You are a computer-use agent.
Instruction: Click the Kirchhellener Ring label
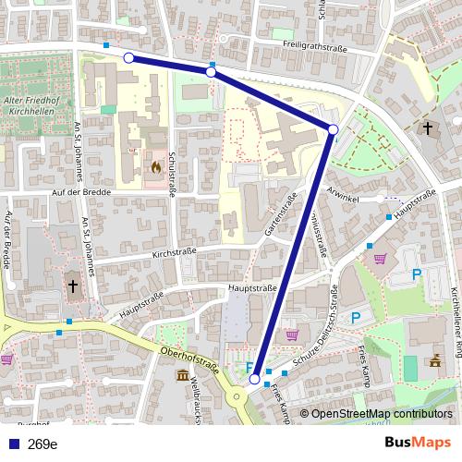(454, 314)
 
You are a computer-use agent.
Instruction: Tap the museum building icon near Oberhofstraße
(183, 378)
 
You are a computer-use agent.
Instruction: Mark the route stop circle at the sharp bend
(333, 129)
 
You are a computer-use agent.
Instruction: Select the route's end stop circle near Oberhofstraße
(255, 379)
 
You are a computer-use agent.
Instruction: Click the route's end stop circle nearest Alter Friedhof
(128, 58)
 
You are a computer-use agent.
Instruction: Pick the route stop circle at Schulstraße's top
(211, 72)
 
